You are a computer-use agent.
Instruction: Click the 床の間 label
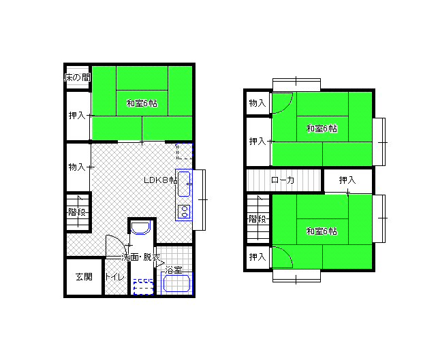(x=78, y=78)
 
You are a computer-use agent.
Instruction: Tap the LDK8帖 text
(x=161, y=180)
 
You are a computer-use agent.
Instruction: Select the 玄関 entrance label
(x=84, y=277)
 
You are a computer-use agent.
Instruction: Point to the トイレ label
(x=114, y=277)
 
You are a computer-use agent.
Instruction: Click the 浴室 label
(x=174, y=270)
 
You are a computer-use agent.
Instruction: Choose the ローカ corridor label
(x=283, y=180)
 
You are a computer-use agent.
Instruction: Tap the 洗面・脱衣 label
(x=141, y=257)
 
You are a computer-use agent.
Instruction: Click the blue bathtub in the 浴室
(x=177, y=284)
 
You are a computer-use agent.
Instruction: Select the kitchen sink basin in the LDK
(x=184, y=184)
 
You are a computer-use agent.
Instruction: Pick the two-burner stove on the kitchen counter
(x=184, y=211)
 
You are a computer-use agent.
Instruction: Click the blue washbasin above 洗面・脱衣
(x=140, y=227)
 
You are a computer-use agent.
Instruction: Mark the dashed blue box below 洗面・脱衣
(x=144, y=287)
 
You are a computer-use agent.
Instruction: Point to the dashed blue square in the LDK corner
(x=184, y=152)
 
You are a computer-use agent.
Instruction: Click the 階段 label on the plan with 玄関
(x=77, y=212)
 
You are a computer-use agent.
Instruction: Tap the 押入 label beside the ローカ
(x=347, y=180)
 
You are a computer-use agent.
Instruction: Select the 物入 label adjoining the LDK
(x=77, y=167)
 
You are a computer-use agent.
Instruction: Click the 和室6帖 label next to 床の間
(x=142, y=103)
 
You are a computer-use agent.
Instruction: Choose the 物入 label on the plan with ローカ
(x=257, y=103)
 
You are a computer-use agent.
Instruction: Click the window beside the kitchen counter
(x=200, y=200)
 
